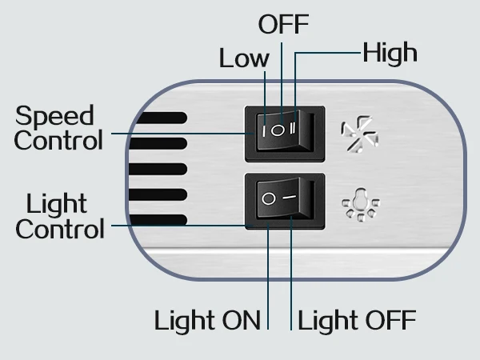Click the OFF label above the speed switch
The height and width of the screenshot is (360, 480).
283,25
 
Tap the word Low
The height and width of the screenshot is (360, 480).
244,58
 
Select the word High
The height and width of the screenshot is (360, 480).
390,53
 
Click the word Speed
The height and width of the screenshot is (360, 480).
54,116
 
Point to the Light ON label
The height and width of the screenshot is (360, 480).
207,321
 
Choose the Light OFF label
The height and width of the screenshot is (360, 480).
357,321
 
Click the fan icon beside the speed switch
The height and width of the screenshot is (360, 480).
360,134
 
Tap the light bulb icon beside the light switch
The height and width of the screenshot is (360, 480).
361,205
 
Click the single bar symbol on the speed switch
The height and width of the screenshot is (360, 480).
263,131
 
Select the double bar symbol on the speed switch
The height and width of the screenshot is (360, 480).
293,128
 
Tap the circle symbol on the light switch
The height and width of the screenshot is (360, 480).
269,198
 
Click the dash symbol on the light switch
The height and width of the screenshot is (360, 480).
290,197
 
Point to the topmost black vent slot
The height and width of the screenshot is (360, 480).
162,118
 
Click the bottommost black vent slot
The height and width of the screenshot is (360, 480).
158,220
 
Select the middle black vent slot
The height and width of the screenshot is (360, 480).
158,169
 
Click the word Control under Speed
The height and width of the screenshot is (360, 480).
58,141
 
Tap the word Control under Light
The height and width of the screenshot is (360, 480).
60,229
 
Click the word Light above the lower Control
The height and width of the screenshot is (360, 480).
57,204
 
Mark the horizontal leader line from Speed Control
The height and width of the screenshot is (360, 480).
182,134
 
